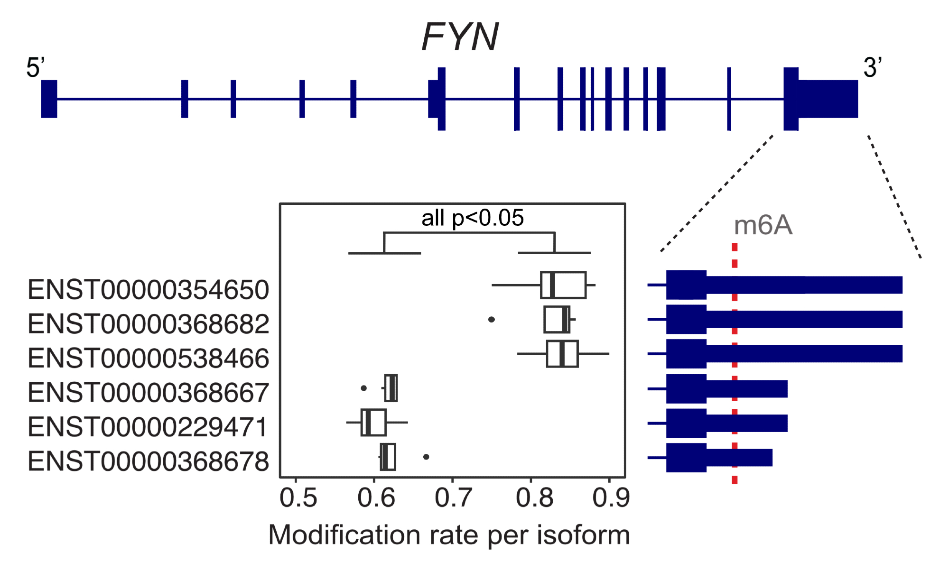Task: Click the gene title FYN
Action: [460, 37]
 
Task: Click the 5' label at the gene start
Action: [35, 67]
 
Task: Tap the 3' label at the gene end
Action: [872, 67]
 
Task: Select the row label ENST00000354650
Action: [149, 290]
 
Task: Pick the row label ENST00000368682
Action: [149, 324]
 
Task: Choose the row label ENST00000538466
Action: [149, 358]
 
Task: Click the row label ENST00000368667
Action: [149, 393]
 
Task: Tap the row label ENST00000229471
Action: [149, 427]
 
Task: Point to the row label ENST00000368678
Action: [149, 461]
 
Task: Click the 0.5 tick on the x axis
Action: [298, 498]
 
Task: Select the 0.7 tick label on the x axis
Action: [453, 498]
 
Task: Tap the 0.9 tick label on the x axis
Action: [611, 498]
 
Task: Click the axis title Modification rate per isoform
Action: [449, 535]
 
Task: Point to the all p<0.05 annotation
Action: [473, 218]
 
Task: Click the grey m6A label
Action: [763, 225]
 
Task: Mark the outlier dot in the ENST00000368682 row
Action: [492, 320]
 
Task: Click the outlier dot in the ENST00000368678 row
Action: [426, 457]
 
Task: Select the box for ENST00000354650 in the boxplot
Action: [563, 285]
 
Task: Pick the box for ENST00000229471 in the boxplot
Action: [373, 422]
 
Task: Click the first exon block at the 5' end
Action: [49, 99]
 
